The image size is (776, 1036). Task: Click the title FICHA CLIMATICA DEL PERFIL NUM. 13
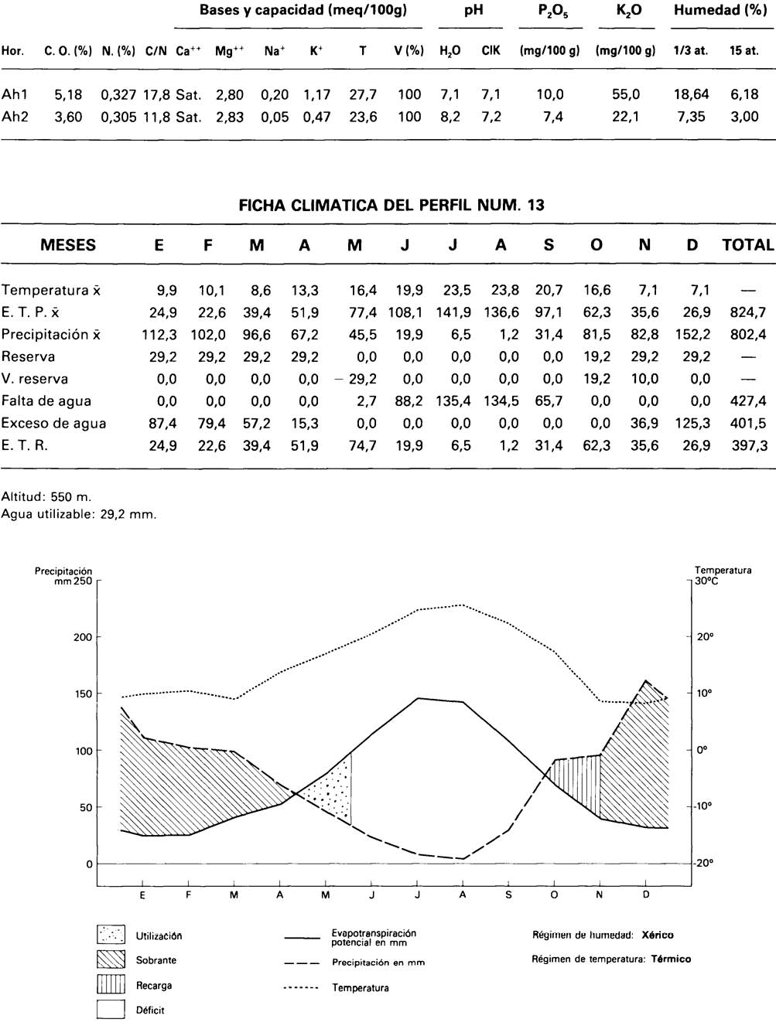pos(391,206)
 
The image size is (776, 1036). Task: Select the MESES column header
pos(68,246)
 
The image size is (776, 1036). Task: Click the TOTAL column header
pos(747,246)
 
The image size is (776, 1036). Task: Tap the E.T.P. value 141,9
pos(453,312)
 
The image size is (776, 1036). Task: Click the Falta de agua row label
pos(46,401)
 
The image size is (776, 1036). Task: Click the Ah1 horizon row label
pos(15,94)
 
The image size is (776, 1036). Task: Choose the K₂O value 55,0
pos(626,94)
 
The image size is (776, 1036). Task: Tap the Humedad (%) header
pos(720,11)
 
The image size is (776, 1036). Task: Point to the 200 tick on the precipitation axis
pos(83,637)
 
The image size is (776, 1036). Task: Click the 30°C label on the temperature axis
pos(706,581)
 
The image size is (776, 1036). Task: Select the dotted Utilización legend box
pos(111,935)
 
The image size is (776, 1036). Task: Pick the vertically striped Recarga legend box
pos(111,985)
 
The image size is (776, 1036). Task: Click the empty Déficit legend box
pos(111,1010)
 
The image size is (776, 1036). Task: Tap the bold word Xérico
pos(658,935)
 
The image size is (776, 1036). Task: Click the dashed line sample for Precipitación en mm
pos(303,963)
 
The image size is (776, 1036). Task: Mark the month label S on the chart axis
pos(508,895)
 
